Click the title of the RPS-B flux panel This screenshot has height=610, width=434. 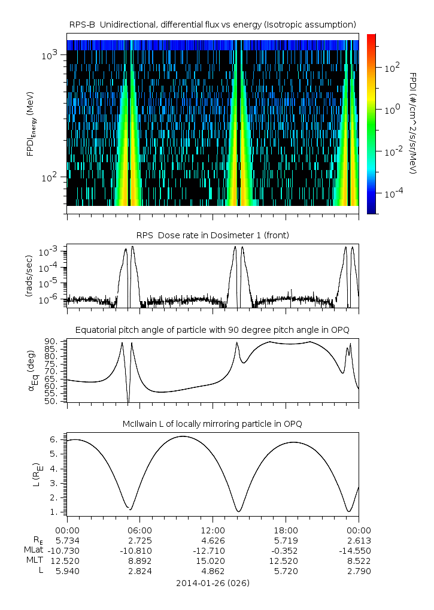[x=213, y=24]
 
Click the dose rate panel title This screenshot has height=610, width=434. [x=213, y=235]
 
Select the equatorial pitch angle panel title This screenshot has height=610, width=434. [x=213, y=330]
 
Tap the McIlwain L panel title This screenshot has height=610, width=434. [x=213, y=424]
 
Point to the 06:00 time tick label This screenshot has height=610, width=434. [x=140, y=530]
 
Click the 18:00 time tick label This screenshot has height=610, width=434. [x=286, y=530]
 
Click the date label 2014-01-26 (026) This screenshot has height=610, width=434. [x=213, y=582]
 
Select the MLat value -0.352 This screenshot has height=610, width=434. [x=286, y=550]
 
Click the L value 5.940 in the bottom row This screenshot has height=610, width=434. [x=67, y=571]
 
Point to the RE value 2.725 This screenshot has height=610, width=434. [x=140, y=539]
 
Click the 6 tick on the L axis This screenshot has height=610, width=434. [x=53, y=439]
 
